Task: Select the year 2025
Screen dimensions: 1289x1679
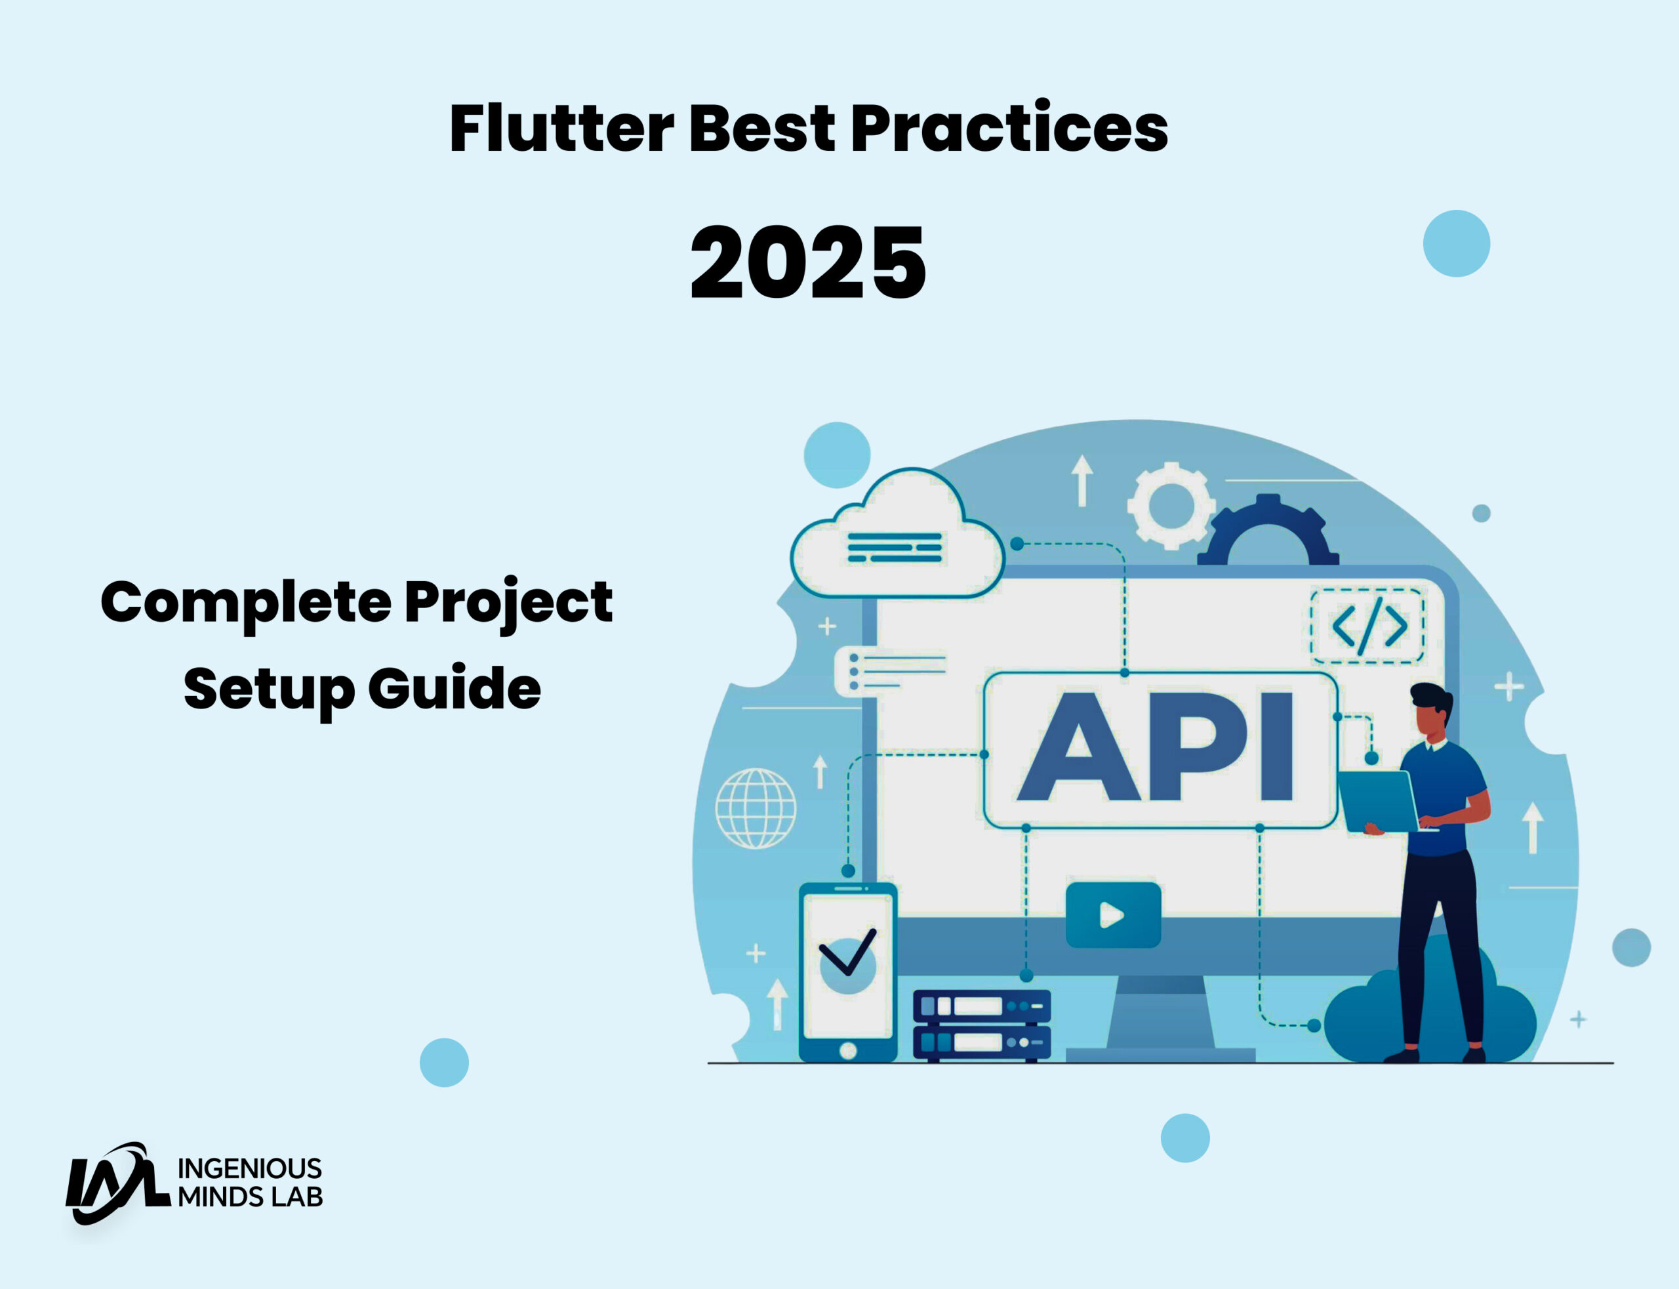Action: (x=807, y=263)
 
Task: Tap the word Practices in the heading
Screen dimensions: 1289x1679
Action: (x=1009, y=128)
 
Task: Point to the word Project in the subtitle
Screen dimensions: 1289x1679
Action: (x=508, y=603)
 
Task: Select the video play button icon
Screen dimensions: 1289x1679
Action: (x=1113, y=915)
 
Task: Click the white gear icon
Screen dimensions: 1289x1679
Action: (x=1171, y=506)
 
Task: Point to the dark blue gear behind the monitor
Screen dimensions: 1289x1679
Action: (x=1268, y=534)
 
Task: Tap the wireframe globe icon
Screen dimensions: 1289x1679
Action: (x=756, y=809)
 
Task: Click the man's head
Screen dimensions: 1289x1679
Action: (x=1430, y=709)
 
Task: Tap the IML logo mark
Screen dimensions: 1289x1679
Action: (x=115, y=1182)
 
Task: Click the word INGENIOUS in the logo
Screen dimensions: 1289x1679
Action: (x=249, y=1168)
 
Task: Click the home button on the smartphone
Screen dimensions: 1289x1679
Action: (x=847, y=1050)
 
